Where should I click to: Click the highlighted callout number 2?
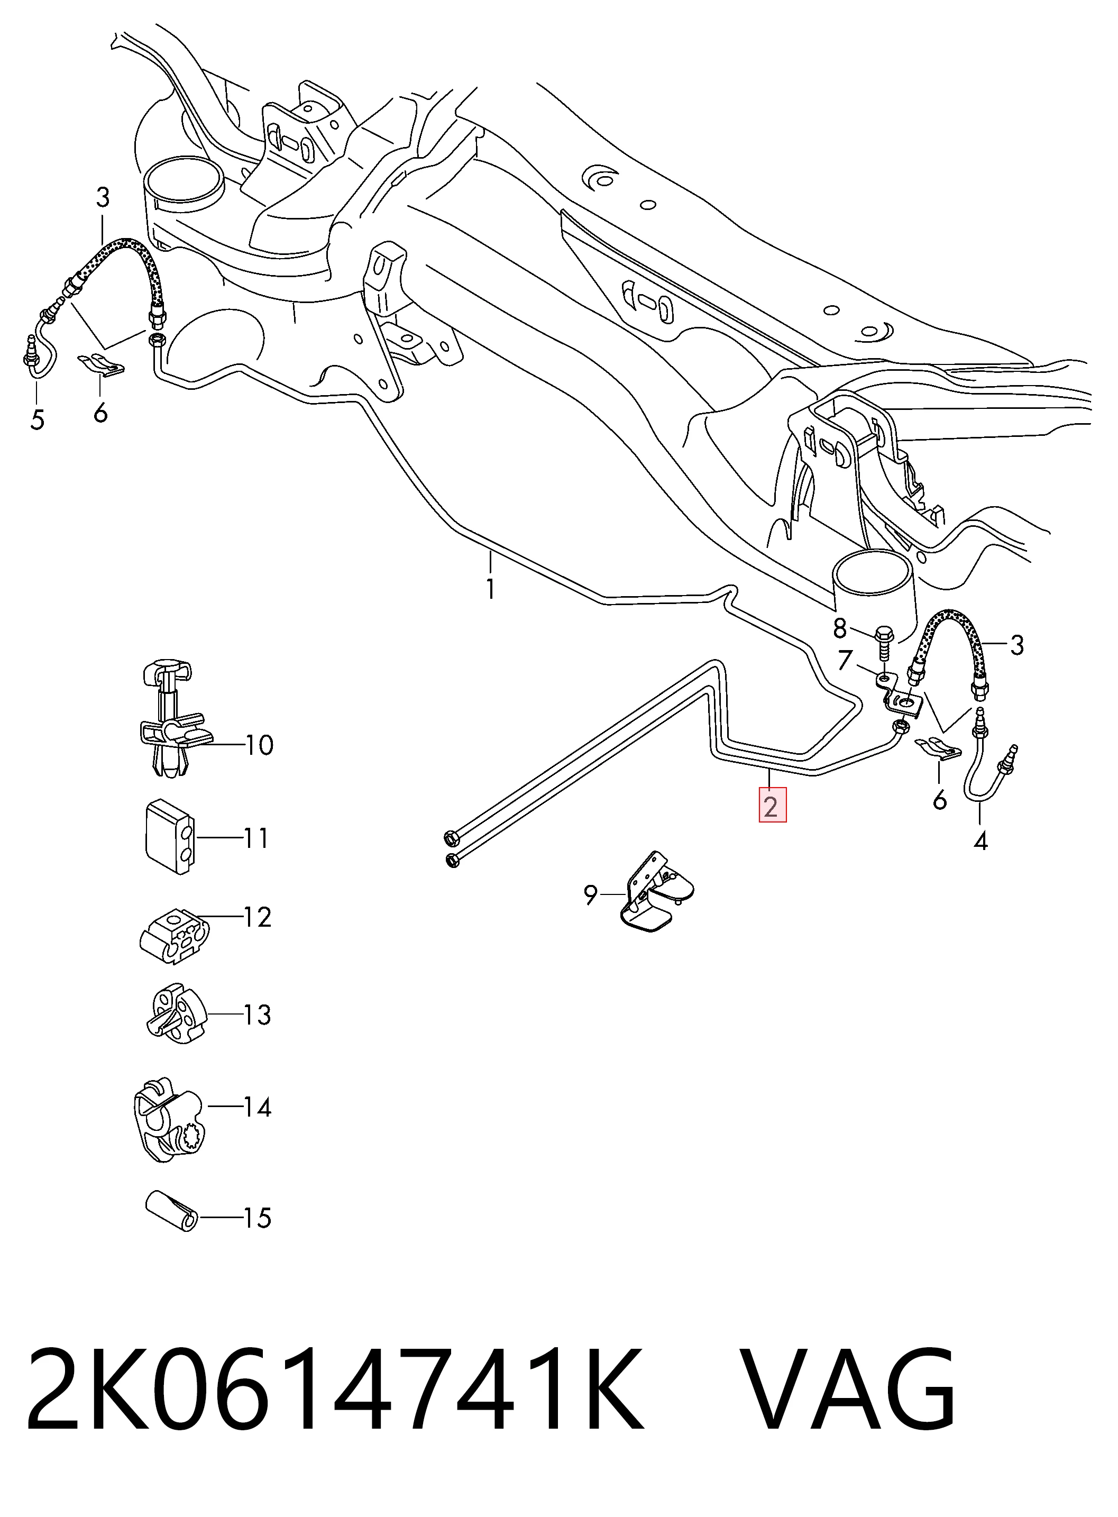click(x=772, y=806)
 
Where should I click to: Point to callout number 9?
click(x=590, y=895)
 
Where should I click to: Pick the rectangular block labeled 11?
click(x=170, y=837)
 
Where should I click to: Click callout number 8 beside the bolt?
click(x=840, y=629)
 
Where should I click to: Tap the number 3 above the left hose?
click(x=102, y=198)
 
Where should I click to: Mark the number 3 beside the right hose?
click(x=1017, y=645)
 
